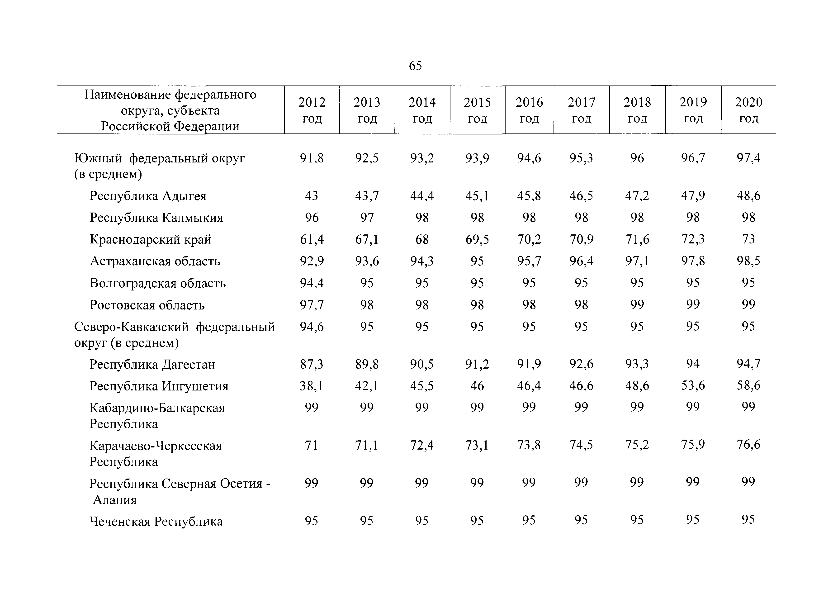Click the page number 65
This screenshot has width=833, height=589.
click(x=415, y=66)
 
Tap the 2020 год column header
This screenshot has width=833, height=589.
click(x=748, y=110)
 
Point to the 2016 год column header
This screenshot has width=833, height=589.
click(x=529, y=110)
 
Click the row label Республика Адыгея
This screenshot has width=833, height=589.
click(x=148, y=196)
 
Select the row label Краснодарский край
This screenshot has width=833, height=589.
click(x=151, y=240)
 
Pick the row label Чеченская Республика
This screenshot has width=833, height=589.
click(x=156, y=522)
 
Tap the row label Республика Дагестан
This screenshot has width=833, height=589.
click(x=152, y=364)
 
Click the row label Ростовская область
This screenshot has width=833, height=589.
click(x=147, y=305)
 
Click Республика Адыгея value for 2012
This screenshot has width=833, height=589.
click(x=312, y=196)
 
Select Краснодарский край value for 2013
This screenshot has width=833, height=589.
click(x=367, y=240)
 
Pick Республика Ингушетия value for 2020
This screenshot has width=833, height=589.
click(x=748, y=385)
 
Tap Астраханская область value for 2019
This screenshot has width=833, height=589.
click(x=693, y=261)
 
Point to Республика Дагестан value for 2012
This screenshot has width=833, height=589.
click(x=312, y=364)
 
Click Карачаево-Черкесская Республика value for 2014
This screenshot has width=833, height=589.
click(x=422, y=445)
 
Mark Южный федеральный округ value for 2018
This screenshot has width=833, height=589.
click(x=637, y=158)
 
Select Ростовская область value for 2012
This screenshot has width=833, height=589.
click(x=312, y=305)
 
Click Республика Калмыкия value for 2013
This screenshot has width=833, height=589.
click(x=367, y=218)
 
